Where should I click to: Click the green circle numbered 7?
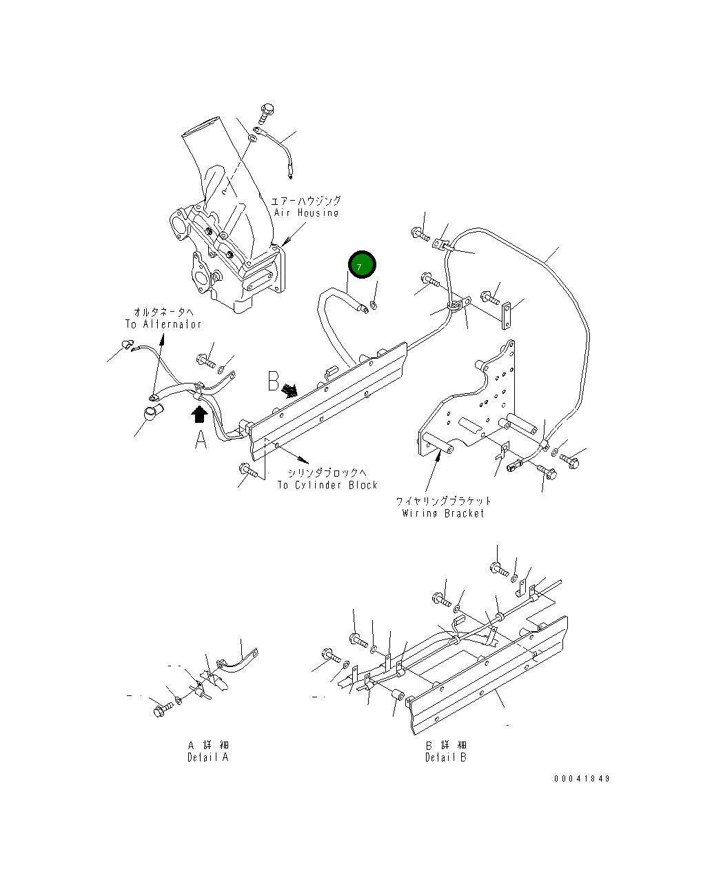(362, 265)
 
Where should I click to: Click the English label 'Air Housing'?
(306, 212)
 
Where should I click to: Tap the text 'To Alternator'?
(163, 324)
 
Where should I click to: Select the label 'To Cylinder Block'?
(327, 485)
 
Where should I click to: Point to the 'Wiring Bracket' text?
(443, 513)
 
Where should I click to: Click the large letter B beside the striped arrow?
(274, 381)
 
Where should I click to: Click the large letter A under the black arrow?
(201, 439)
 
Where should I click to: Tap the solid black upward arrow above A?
(200, 413)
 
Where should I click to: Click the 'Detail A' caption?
(207, 757)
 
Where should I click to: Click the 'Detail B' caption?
(445, 757)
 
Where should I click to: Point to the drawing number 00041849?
(582, 779)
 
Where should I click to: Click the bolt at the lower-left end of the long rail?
(248, 471)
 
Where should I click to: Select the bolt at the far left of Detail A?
(160, 708)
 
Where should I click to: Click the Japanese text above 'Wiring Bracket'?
(443, 501)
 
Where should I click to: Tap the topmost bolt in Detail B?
(498, 569)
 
